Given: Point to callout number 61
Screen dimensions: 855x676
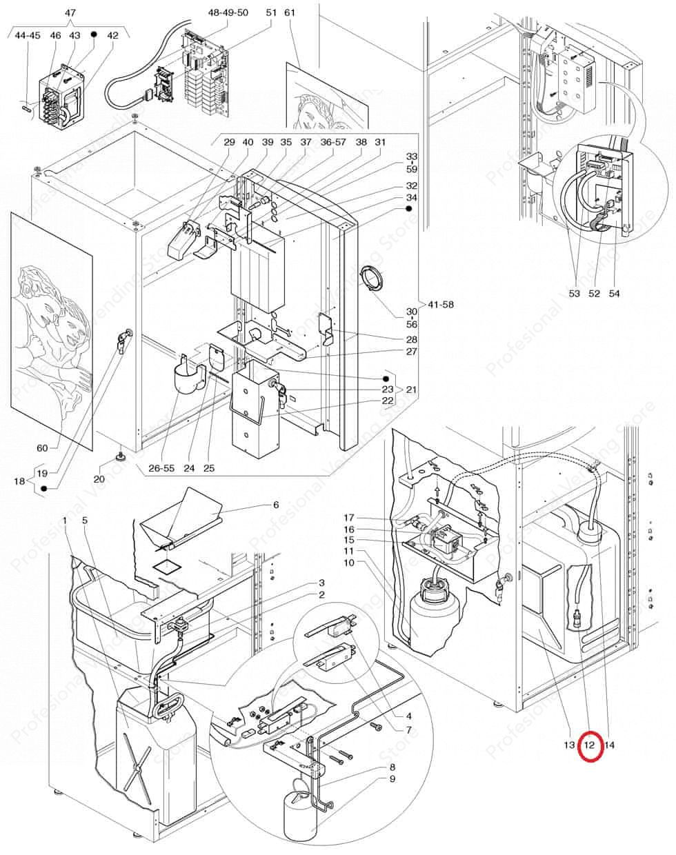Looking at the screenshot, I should point(290,13).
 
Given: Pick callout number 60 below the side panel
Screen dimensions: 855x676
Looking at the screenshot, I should point(42,448).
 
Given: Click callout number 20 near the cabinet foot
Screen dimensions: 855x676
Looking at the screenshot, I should point(99,479).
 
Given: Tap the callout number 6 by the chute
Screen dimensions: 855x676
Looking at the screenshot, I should point(276,505).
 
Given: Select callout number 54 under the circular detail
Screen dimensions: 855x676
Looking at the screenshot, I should point(614,293).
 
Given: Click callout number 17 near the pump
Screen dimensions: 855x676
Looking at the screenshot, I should point(349,518).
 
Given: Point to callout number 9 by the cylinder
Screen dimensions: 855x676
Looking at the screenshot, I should point(392,779).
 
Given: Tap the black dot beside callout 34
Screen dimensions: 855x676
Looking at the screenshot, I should point(408,208).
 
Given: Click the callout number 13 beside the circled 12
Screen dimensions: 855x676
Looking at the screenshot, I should point(568,745).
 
